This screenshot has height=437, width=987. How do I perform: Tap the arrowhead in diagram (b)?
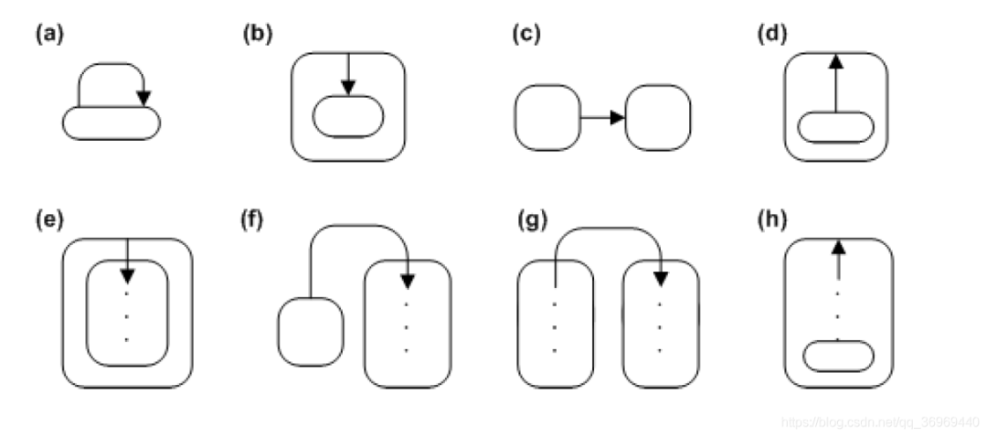click(x=347, y=88)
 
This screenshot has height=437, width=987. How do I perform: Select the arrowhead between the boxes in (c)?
click(x=618, y=118)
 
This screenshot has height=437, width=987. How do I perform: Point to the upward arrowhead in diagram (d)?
click(x=835, y=62)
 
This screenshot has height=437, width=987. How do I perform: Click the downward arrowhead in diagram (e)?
click(x=127, y=274)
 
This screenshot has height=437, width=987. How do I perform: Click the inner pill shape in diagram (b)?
click(x=348, y=116)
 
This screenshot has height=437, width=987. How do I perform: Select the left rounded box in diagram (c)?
click(x=547, y=117)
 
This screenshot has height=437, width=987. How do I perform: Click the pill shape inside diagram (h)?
click(x=837, y=356)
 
